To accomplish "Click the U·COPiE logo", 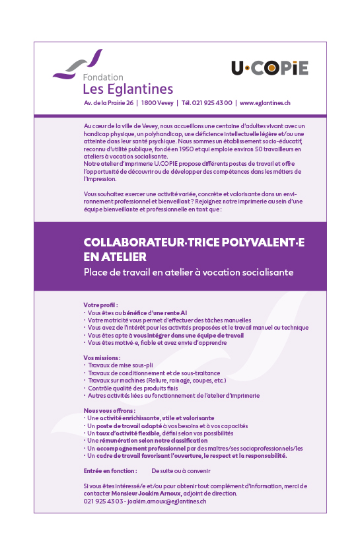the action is click(x=270, y=67).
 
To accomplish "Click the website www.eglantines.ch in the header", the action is click(x=265, y=103).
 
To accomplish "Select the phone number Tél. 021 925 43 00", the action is click(x=207, y=103).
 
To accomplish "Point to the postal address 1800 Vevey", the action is click(x=158, y=103).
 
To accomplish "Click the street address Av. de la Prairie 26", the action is click(x=109, y=103).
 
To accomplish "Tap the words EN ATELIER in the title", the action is click(x=115, y=256).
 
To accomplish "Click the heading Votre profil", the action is click(x=100, y=305).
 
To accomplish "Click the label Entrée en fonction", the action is click(x=110, y=470).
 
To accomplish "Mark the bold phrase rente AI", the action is click(x=174, y=312).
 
